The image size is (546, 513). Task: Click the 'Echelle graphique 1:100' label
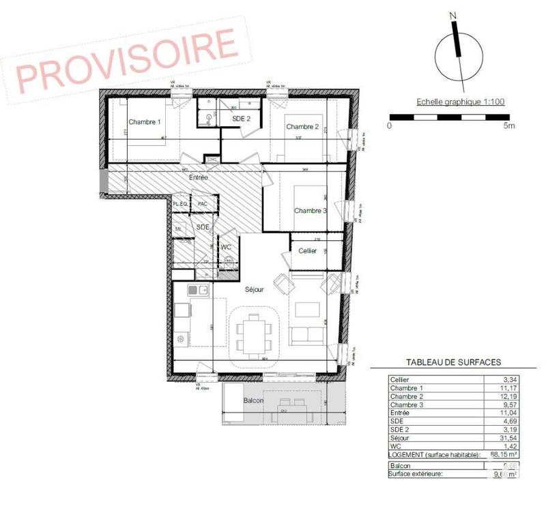click(460, 102)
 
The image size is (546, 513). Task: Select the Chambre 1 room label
click(144, 122)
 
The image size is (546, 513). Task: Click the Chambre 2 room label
click(302, 127)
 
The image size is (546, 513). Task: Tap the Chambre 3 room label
click(311, 211)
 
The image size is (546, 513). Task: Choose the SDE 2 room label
click(242, 119)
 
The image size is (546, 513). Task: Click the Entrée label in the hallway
click(198, 177)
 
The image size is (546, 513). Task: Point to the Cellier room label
click(308, 250)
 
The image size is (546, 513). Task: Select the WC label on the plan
click(227, 247)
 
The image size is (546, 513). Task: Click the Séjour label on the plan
click(255, 289)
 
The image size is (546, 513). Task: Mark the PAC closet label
click(202, 204)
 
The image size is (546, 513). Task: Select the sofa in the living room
click(308, 335)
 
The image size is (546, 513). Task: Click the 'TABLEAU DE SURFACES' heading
click(454, 362)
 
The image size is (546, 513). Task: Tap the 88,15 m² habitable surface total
click(506, 454)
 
